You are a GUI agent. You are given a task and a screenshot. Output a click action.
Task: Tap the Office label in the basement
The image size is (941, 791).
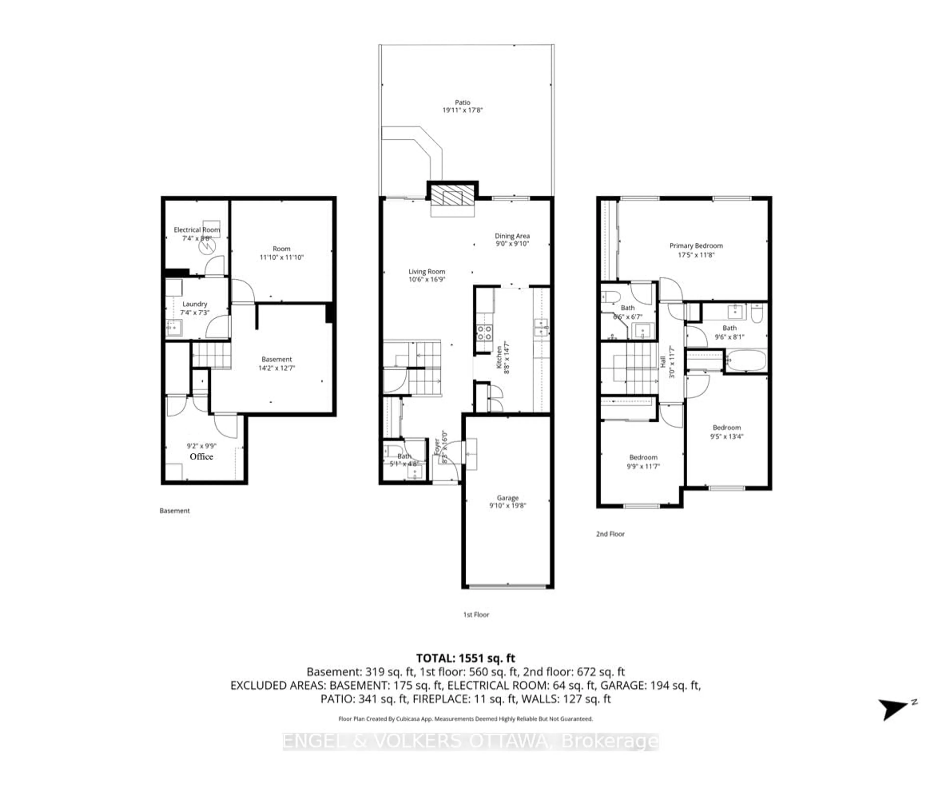coord(201,456)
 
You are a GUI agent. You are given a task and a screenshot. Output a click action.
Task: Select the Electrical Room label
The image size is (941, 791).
coord(197,230)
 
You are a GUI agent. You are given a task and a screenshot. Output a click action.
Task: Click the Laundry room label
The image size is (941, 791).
coord(195,304)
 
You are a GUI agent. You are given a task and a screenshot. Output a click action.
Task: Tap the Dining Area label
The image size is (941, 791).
coord(512,236)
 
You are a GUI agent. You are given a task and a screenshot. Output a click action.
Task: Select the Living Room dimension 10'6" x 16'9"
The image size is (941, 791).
coord(426,279)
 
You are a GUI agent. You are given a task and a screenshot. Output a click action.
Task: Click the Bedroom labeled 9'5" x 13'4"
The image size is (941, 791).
coord(727,428)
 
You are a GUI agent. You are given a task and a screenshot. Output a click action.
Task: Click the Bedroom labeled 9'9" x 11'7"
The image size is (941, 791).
coord(643,457)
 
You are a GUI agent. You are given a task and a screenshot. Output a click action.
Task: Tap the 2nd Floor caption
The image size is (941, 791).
coord(610,534)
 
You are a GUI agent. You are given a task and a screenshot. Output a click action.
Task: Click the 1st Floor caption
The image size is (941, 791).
coord(476,615)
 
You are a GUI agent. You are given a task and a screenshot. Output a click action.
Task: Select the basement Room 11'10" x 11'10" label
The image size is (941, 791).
coord(282,249)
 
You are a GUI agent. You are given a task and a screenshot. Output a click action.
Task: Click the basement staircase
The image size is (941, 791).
coord(211,355)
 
